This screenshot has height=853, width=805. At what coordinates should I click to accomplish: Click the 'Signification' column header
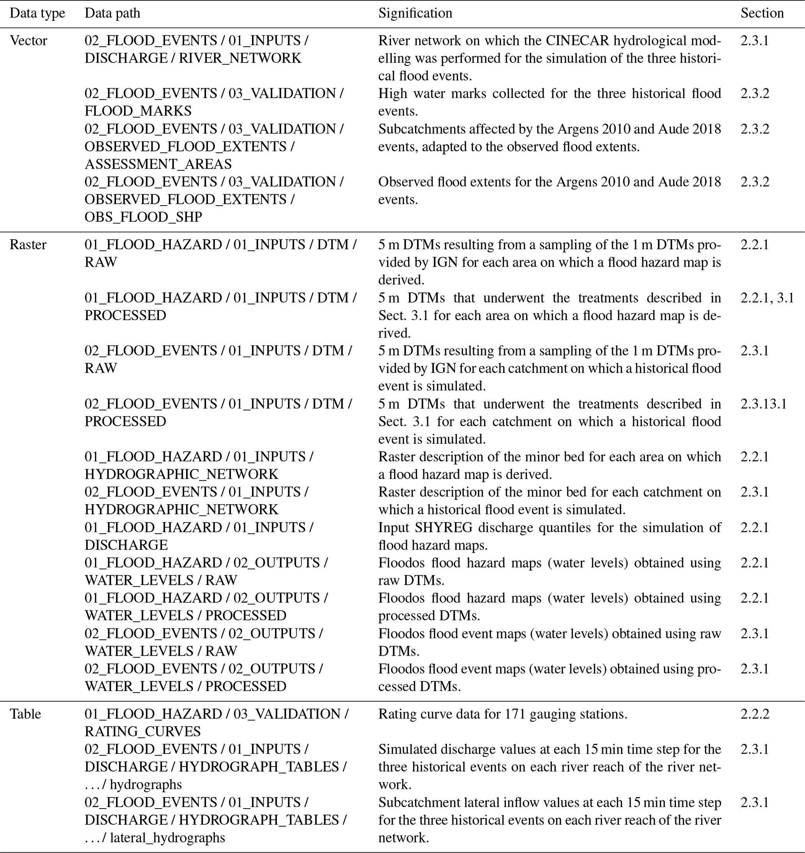point(415,13)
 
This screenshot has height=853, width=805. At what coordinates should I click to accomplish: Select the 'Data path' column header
point(112,13)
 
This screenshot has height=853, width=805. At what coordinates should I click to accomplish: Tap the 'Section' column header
point(762,13)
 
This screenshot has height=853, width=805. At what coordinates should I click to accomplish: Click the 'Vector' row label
point(28,41)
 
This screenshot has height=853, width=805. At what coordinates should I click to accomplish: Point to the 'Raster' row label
point(28,244)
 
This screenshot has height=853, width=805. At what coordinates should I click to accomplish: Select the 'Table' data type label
point(25,714)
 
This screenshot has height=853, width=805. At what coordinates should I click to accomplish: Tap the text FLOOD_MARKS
point(138,111)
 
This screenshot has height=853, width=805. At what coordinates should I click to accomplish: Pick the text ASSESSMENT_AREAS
point(158,164)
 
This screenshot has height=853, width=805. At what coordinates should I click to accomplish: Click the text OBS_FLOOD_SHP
point(143,217)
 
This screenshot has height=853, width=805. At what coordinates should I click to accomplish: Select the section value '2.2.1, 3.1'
point(767,298)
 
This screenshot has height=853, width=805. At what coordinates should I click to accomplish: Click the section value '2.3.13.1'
point(763,404)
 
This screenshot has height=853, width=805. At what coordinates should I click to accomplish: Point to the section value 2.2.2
point(754,714)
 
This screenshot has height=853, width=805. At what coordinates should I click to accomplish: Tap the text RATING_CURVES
point(143,732)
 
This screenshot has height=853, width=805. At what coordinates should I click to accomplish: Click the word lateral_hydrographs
point(167,837)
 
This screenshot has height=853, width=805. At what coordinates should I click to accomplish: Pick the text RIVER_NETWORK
point(240,58)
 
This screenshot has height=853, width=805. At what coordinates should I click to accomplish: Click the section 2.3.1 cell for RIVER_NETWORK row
point(754,41)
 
